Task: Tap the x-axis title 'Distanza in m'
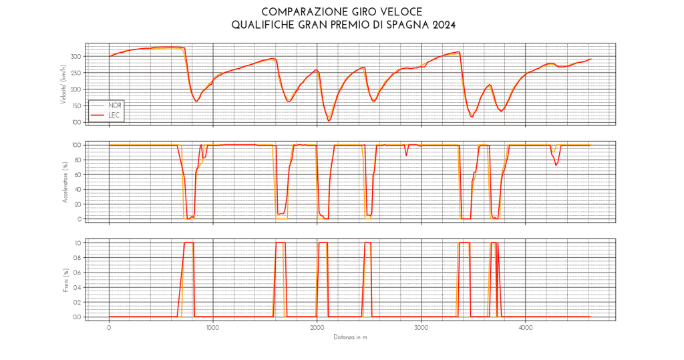(x=351, y=337)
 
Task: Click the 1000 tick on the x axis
(x=213, y=328)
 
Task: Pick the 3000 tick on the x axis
(x=421, y=328)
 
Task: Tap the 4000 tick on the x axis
(x=525, y=328)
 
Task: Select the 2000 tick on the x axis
(x=317, y=328)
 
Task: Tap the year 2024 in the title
(x=442, y=25)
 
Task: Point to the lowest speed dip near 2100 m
(x=329, y=120)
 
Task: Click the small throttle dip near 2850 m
(x=406, y=155)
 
